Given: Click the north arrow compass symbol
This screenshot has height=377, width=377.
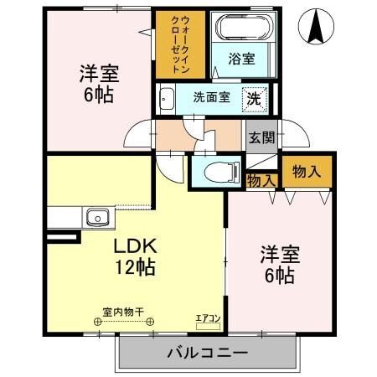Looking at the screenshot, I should (318, 28).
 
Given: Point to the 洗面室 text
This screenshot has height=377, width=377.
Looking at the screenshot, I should (211, 96).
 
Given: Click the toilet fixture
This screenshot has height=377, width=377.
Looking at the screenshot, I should (215, 172).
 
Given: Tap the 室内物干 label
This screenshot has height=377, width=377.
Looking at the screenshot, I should (122, 312).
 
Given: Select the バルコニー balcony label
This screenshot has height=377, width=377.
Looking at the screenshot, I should (206, 352).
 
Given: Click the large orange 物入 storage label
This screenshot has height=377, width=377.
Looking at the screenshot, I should (306, 170).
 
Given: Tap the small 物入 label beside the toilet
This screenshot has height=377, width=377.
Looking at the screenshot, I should (261, 178).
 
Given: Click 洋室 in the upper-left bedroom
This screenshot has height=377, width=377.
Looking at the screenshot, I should (96, 73).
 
